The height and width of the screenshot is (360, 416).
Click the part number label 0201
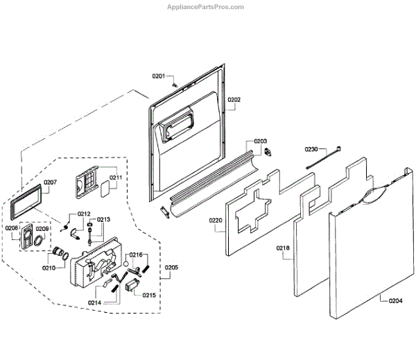(x=159, y=76)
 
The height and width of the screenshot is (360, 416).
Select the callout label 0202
(x=234, y=100)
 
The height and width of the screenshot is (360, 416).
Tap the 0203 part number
(x=260, y=141)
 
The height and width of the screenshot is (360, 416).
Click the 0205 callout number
(x=171, y=267)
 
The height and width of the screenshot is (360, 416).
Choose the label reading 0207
(x=51, y=182)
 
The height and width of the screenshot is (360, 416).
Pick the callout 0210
(x=49, y=267)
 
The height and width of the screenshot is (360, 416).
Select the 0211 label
(x=116, y=178)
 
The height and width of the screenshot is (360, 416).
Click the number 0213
(x=103, y=220)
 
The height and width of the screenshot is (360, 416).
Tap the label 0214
(x=94, y=303)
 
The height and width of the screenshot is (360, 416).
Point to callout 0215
(x=150, y=295)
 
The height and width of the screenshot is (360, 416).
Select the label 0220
(x=215, y=221)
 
